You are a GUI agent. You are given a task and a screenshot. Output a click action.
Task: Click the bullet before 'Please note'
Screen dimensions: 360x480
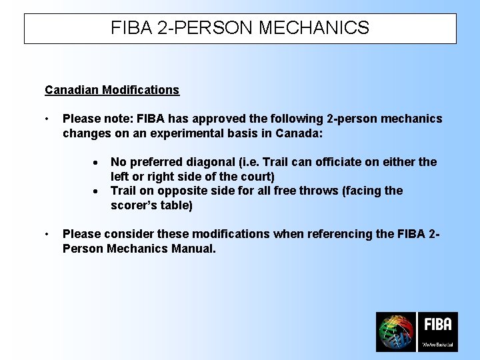47,119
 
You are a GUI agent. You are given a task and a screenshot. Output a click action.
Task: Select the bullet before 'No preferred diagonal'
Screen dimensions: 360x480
97,163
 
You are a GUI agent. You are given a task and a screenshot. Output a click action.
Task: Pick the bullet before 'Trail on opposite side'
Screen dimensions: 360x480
97,191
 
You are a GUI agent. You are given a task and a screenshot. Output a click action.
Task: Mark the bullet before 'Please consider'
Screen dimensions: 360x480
47,235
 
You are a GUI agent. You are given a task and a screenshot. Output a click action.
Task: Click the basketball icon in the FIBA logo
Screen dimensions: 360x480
396,332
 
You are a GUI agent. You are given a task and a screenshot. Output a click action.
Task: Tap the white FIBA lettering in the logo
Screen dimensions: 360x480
437,325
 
